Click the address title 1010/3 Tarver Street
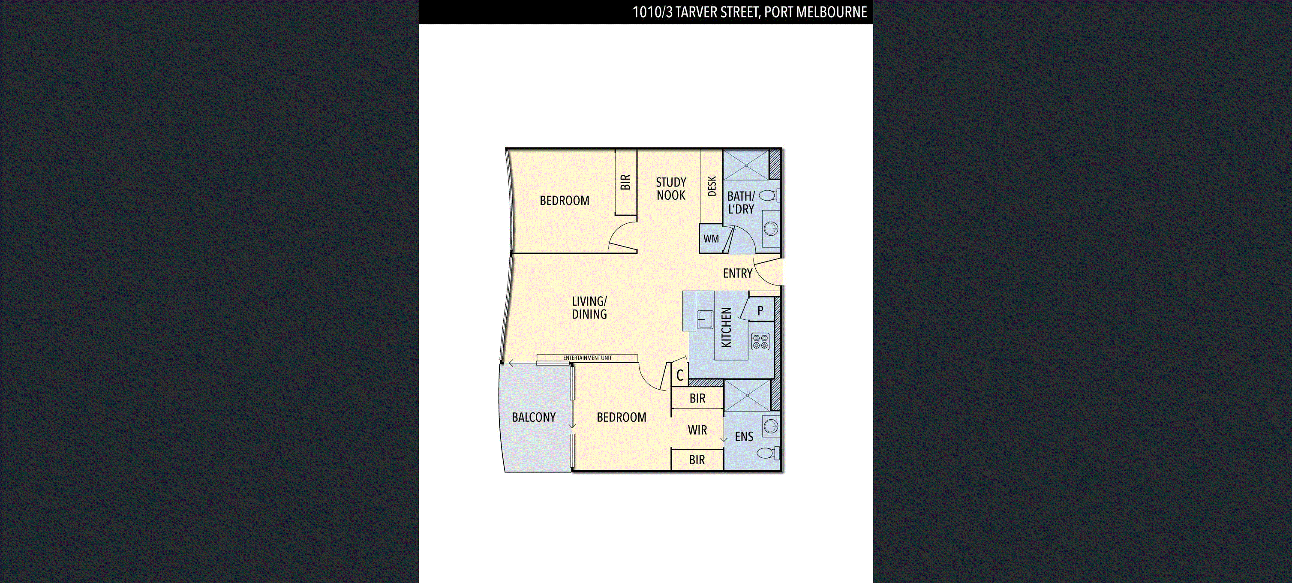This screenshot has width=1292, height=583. pyautogui.click(x=749, y=12)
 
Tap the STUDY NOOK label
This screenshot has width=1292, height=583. pyautogui.click(x=670, y=189)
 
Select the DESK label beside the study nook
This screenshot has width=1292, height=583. pyautogui.click(x=711, y=186)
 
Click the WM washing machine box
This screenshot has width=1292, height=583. pyautogui.click(x=711, y=239)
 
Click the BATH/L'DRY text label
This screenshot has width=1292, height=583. pyautogui.click(x=741, y=202)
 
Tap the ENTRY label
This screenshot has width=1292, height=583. pyautogui.click(x=737, y=273)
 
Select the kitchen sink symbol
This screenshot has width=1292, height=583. pyautogui.click(x=705, y=319)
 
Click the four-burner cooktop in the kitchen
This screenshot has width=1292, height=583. pyautogui.click(x=760, y=342)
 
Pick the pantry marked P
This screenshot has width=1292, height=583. pyautogui.click(x=760, y=310)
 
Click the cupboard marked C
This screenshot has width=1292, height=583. pyautogui.click(x=679, y=375)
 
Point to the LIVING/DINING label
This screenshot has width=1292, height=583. pyautogui.click(x=589, y=307)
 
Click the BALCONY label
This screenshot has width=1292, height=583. pyautogui.click(x=533, y=418)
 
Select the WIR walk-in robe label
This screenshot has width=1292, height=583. pyautogui.click(x=697, y=430)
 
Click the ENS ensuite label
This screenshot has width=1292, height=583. pyautogui.click(x=743, y=437)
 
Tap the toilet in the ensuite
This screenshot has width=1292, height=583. pyautogui.click(x=767, y=453)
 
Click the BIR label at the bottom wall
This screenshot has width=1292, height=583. pyautogui.click(x=697, y=460)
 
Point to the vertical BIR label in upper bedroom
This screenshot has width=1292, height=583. pyautogui.click(x=625, y=182)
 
